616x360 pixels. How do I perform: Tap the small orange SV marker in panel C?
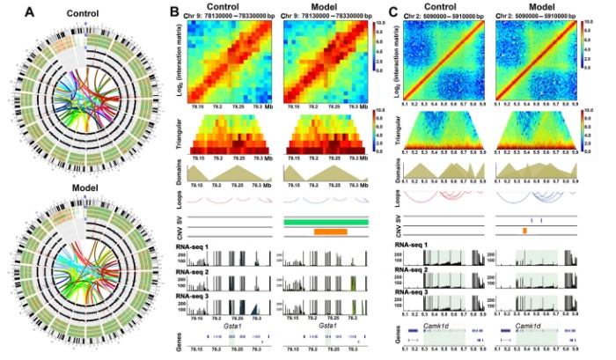pos(524,230)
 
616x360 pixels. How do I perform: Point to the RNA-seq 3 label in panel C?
pos(415,290)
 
